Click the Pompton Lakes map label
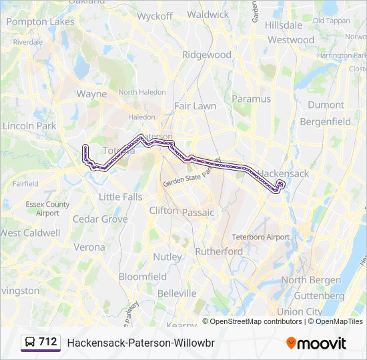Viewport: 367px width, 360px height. click(40, 22)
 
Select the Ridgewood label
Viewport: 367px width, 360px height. click(206, 55)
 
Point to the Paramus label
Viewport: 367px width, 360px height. click(251, 99)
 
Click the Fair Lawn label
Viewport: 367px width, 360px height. click(195, 106)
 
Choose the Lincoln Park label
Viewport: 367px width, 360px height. click(29, 125)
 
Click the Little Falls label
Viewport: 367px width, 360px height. click(120, 197)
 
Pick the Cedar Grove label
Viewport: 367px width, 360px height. click(100, 219)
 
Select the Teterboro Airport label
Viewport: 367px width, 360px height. click(260, 237)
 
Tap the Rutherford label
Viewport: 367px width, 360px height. click(219, 251)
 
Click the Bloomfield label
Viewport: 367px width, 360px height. click(143, 276)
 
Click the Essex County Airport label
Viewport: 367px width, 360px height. click(47, 209)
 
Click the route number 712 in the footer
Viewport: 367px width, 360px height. click(48, 342)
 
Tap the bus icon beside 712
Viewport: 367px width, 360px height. click(29, 342)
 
